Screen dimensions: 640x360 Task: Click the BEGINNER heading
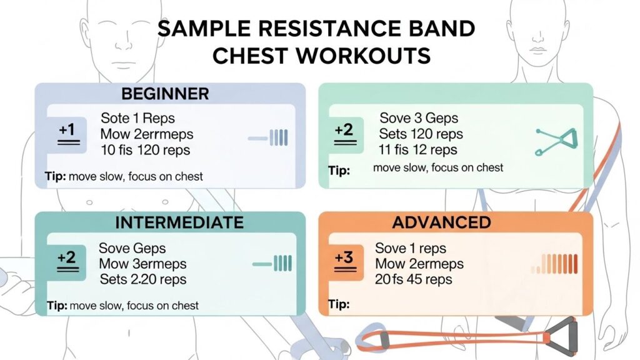coord(165,94)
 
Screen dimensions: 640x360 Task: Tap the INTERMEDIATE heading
coord(179,222)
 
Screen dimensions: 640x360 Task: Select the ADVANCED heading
coord(441,222)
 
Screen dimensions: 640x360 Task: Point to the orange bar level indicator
coord(554,264)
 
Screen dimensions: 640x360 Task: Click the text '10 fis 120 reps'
coord(145,150)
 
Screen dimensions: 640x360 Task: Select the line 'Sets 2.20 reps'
coord(143,279)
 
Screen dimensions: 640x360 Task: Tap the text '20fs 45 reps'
coord(414,279)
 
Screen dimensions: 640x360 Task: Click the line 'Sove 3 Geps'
coord(419,118)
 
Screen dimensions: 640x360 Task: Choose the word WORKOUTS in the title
coord(322,56)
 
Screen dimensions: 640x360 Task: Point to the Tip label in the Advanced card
coord(339,304)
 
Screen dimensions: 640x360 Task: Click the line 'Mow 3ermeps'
coord(142,264)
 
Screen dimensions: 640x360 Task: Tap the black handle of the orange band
coord(561,337)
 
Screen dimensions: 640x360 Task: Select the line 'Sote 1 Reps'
coord(137,118)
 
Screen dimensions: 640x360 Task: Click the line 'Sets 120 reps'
coord(421,134)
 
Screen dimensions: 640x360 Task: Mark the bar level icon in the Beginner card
coord(267,138)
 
